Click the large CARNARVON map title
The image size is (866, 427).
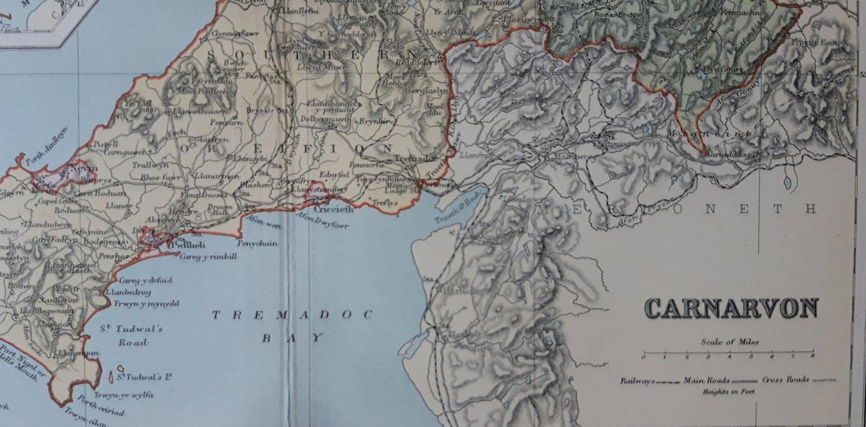[x=731, y=308]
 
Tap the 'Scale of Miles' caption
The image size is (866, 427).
[x=729, y=342]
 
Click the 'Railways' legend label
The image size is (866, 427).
[x=637, y=380]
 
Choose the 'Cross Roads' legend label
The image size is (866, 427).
[x=785, y=379]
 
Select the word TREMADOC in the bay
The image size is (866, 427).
[x=292, y=315]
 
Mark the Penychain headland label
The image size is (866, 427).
[x=258, y=243]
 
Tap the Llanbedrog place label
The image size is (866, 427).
[x=130, y=291]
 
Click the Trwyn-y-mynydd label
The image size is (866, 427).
[x=146, y=303]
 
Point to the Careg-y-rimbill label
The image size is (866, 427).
[x=208, y=257]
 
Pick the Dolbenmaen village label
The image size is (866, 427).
[x=324, y=119]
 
